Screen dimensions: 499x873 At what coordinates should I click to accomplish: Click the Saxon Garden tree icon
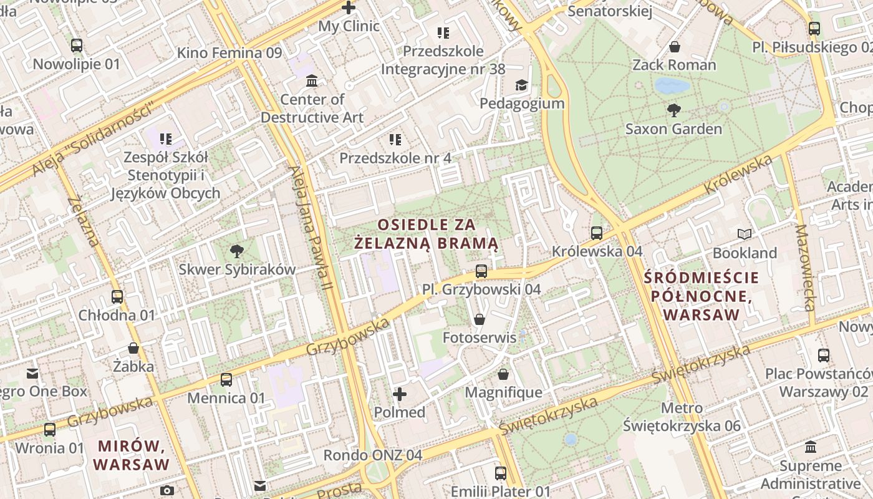pyautogui.click(x=673, y=110)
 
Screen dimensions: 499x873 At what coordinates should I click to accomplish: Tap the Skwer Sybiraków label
pyautogui.click(x=237, y=269)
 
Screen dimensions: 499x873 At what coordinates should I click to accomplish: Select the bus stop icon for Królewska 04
pyautogui.click(x=597, y=233)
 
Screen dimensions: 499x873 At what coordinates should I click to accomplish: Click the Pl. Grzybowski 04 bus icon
pyautogui.click(x=481, y=271)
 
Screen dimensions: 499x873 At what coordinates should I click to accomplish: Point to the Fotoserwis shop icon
pyautogui.click(x=480, y=319)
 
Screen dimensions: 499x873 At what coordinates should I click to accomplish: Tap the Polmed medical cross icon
pyautogui.click(x=400, y=394)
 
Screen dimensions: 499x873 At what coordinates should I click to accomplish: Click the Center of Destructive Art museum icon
pyautogui.click(x=312, y=81)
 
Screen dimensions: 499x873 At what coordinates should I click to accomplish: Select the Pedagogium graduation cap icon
pyautogui.click(x=521, y=85)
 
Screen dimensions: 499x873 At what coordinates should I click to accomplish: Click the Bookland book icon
pyautogui.click(x=745, y=235)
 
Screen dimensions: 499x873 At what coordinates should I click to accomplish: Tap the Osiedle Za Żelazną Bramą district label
pyautogui.click(x=427, y=233)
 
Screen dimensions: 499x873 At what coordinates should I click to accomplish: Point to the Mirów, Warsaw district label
pyautogui.click(x=132, y=455)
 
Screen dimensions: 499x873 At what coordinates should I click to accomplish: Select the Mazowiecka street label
pyautogui.click(x=805, y=268)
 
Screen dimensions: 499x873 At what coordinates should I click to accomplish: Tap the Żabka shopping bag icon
pyautogui.click(x=133, y=348)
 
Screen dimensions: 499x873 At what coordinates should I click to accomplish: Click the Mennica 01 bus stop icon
pyautogui.click(x=226, y=379)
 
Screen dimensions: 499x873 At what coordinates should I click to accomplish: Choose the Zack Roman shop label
pyautogui.click(x=674, y=65)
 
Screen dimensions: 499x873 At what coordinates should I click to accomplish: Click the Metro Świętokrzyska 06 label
pyautogui.click(x=682, y=417)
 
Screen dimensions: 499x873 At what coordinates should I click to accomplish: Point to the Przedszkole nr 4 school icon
pyautogui.click(x=395, y=140)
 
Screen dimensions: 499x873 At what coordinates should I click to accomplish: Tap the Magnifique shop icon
pyautogui.click(x=503, y=374)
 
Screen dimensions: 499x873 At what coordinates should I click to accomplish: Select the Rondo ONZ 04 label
pyautogui.click(x=372, y=455)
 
